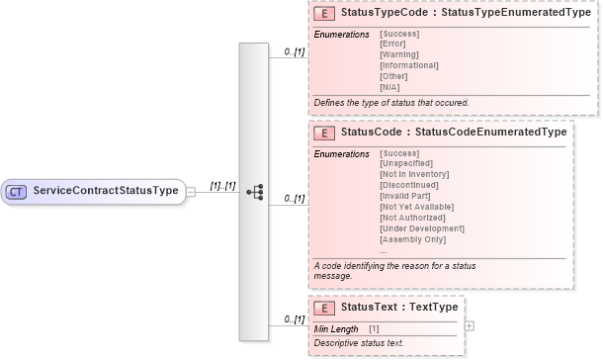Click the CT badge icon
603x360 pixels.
point(18,190)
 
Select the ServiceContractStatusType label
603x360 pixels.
point(106,190)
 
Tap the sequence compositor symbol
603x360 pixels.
point(253,191)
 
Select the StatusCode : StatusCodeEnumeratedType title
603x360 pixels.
point(453,132)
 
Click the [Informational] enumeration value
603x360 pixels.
point(408,65)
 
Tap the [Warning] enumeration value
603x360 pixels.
point(399,54)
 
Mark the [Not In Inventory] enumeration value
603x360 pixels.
point(415,174)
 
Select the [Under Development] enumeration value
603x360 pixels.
point(422,228)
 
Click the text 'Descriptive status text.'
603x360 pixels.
point(359,343)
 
